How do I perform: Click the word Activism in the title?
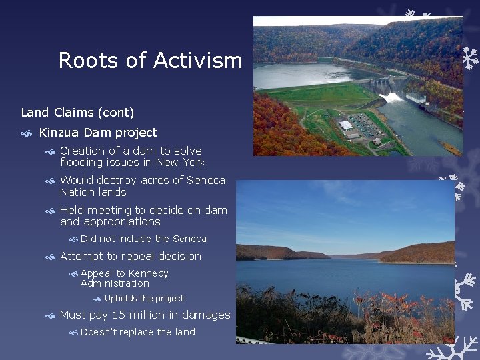197,61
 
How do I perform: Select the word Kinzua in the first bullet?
60,133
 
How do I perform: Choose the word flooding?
81,163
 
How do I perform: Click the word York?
193,163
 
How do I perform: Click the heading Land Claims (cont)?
77,112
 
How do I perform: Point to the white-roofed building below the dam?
345,125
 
